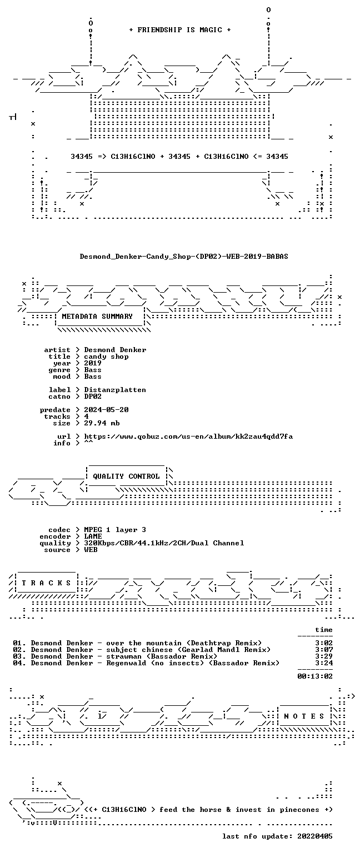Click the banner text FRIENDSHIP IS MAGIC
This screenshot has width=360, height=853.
click(x=180, y=30)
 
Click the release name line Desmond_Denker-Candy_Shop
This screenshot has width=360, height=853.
click(x=184, y=257)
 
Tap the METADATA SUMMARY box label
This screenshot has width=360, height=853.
click(x=97, y=317)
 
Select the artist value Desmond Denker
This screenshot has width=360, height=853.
click(x=115, y=350)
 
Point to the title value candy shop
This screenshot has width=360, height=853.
click(x=106, y=357)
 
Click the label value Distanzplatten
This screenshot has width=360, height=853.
click(x=115, y=390)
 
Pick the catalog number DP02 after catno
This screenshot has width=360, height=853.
click(x=93, y=397)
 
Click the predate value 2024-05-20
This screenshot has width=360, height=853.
click(x=106, y=410)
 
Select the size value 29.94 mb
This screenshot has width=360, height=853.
click(x=102, y=423)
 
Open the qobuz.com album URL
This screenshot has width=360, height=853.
click(x=188, y=436)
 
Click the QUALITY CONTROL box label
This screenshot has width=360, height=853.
click(x=126, y=476)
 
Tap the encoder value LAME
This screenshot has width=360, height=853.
click(x=93, y=536)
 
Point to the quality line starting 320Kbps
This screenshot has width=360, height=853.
click(x=164, y=543)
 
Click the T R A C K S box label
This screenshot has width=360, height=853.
click(x=47, y=583)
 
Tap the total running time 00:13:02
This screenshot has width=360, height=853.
click(x=315, y=676)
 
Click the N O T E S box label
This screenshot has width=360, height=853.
click(x=304, y=716)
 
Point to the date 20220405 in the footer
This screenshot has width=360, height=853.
click(x=315, y=836)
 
